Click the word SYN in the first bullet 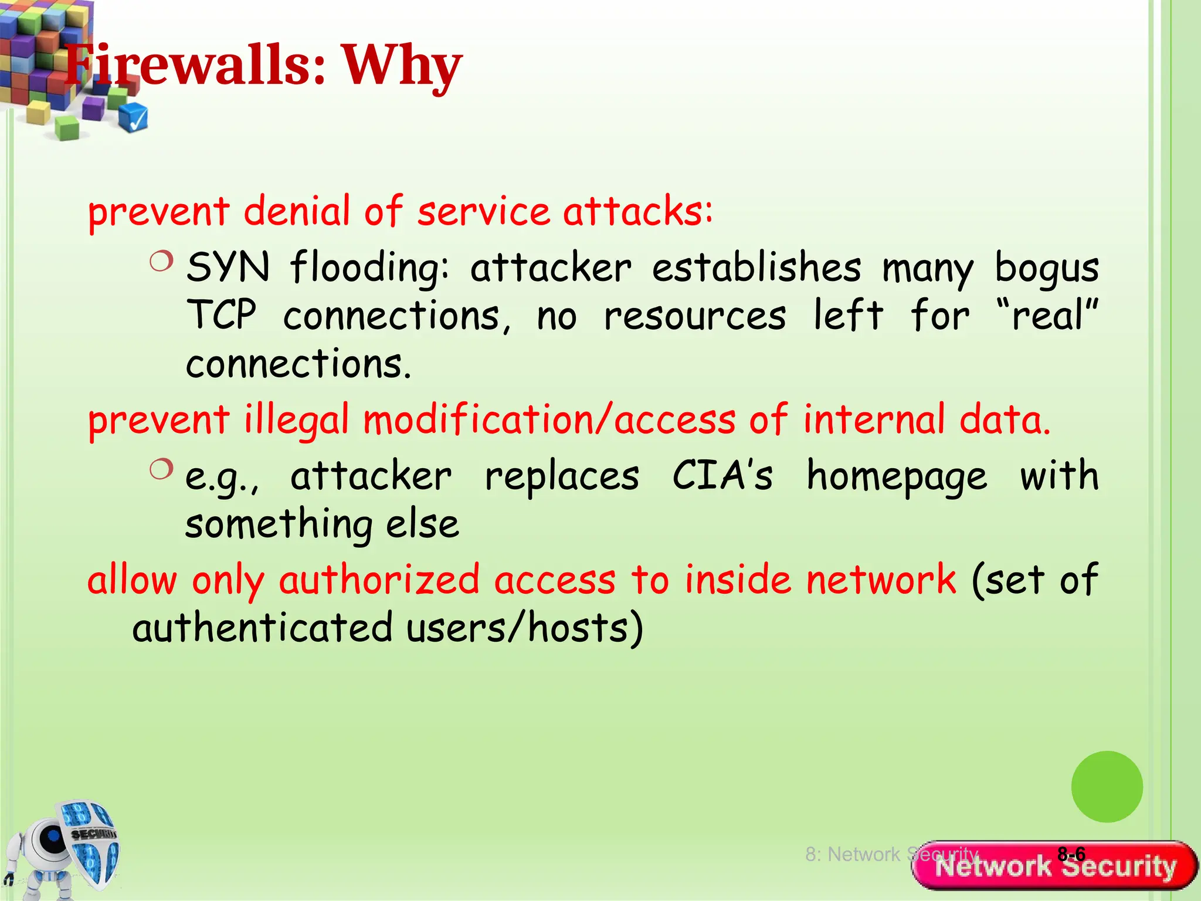pos(228,267)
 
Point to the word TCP pos(222,316)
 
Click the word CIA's pos(722,475)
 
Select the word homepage pos(897,476)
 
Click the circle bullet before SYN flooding pos(161,261)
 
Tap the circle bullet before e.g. pos(161,469)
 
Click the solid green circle pos(1107,787)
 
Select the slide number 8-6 pos(1071,854)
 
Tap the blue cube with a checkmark pos(134,117)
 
